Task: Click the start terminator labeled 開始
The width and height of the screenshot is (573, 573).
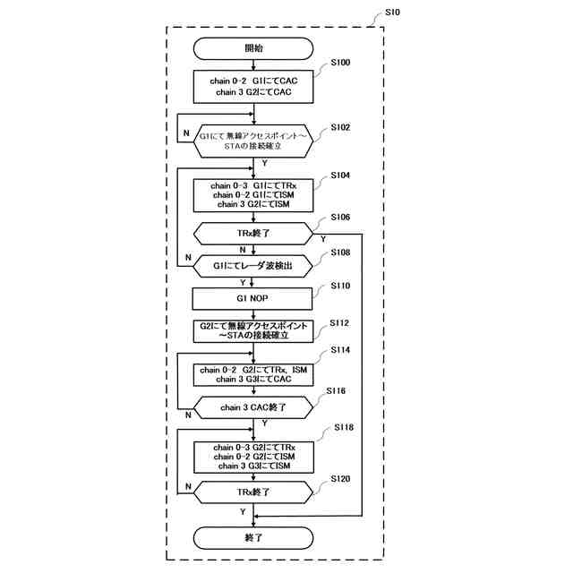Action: pos(254,47)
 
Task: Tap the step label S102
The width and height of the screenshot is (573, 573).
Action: pos(340,128)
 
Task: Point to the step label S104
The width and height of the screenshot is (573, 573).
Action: pos(340,175)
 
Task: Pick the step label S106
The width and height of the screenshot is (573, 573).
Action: pos(340,218)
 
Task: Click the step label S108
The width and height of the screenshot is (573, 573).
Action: pos(340,253)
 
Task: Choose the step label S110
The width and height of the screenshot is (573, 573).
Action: pos(340,286)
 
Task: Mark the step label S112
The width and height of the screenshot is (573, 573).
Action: pos(340,322)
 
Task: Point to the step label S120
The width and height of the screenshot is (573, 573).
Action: pos(340,479)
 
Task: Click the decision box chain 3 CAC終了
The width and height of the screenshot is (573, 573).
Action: pos(254,407)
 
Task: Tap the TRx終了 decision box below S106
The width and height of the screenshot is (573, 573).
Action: pos(254,233)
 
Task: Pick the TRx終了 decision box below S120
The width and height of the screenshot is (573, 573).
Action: pos(254,492)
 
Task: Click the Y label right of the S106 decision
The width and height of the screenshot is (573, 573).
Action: pos(322,240)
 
